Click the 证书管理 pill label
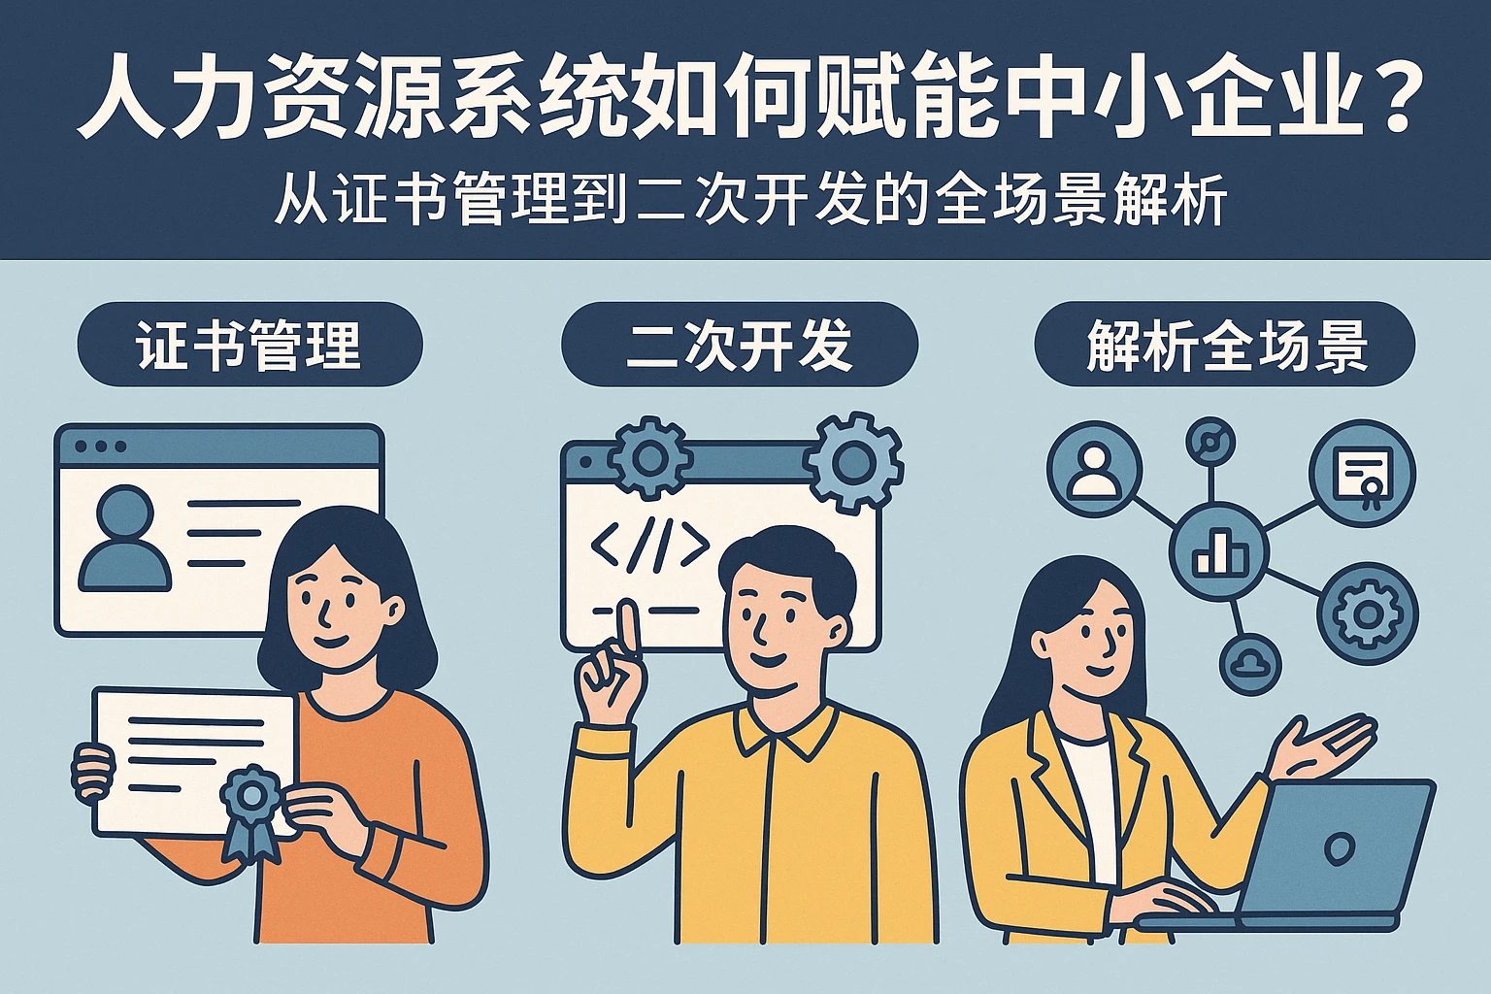pyautogui.click(x=249, y=345)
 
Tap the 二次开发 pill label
pyautogui.click(x=740, y=345)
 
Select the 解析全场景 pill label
pyautogui.click(x=1225, y=345)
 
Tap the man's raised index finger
pyautogui.click(x=627, y=629)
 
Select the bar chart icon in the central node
pyautogui.click(x=1219, y=552)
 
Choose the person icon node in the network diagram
pyautogui.click(x=1094, y=470)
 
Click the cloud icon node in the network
pyautogui.click(x=1250, y=663)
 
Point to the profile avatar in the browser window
pyautogui.click(x=125, y=537)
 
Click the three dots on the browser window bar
pyautogui.click(x=101, y=447)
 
